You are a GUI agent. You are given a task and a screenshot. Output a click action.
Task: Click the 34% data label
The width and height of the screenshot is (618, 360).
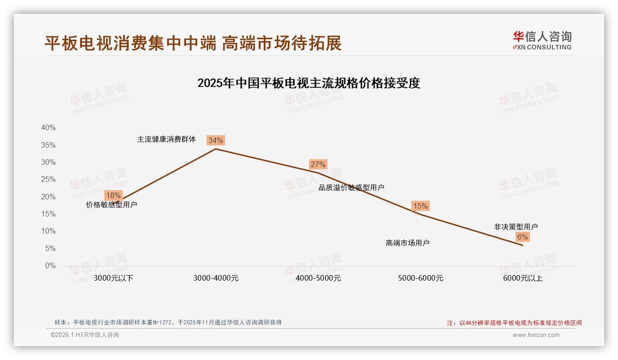(x=216, y=140)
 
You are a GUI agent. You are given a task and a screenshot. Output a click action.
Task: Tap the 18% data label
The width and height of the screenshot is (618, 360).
(x=113, y=195)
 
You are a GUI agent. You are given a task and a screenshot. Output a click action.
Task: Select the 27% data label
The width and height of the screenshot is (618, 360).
(x=318, y=164)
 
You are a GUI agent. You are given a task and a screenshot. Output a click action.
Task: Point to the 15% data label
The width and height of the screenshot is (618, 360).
(x=420, y=206)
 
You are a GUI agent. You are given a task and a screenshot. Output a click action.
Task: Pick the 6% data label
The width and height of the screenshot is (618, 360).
(x=522, y=237)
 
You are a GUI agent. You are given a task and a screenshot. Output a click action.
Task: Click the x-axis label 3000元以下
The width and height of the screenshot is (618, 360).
(x=113, y=278)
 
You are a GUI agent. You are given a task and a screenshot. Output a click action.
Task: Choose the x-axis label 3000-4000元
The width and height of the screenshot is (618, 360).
(x=216, y=278)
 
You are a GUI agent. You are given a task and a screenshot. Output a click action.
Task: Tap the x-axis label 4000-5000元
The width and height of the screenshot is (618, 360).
(x=318, y=278)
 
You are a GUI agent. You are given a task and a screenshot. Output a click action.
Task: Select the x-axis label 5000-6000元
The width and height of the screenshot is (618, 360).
(x=421, y=278)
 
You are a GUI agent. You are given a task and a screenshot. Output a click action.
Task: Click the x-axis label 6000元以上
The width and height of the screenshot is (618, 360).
(x=523, y=278)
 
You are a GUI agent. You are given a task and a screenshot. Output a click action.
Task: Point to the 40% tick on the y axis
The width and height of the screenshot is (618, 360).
(x=48, y=128)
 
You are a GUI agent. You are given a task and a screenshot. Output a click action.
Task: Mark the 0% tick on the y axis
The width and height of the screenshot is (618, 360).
(x=50, y=266)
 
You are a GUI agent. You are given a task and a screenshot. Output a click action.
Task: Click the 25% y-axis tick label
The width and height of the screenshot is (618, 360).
(x=48, y=180)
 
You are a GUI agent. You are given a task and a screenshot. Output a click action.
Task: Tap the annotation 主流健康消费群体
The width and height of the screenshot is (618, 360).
(x=166, y=139)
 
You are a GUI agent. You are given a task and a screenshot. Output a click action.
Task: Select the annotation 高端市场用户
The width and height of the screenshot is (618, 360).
(x=408, y=243)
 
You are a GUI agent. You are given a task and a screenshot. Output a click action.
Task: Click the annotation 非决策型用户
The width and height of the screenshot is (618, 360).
(x=516, y=227)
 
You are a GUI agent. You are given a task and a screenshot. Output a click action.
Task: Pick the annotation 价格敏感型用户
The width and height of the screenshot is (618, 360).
(x=112, y=204)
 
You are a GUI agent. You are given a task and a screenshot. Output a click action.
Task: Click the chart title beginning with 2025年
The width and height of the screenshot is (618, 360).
(x=309, y=83)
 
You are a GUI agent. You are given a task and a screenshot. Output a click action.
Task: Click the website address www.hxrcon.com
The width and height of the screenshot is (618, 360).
(x=536, y=335)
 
